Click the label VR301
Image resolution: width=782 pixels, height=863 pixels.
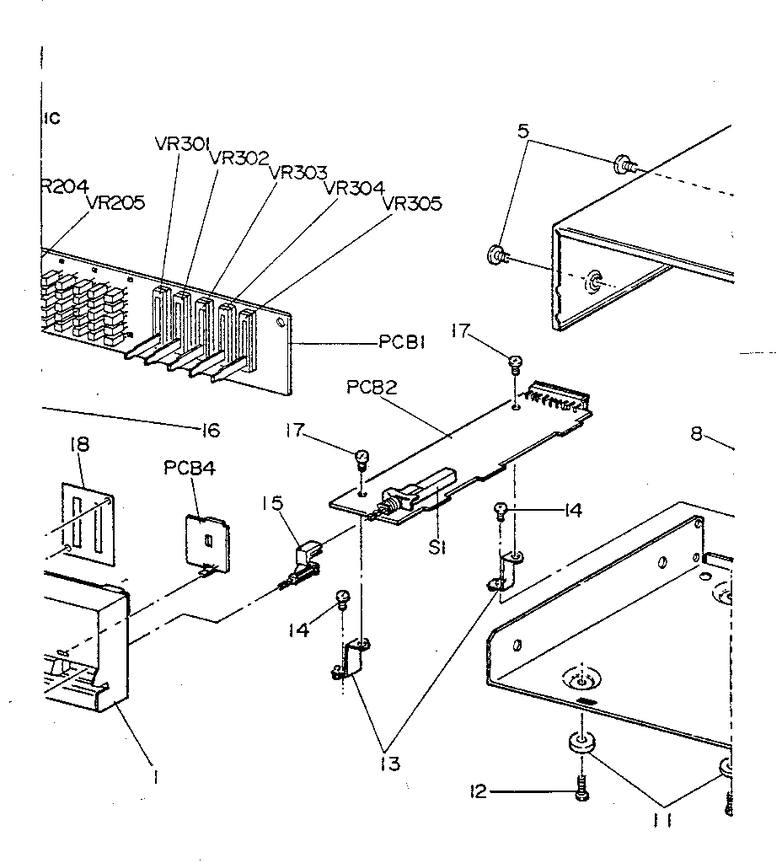click(182, 142)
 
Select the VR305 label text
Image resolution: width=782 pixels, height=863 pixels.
click(412, 203)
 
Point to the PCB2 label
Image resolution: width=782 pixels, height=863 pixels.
click(372, 389)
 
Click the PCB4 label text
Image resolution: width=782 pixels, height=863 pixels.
click(190, 468)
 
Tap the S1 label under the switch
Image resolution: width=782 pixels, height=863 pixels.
click(436, 547)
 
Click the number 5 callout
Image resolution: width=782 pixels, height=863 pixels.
click(522, 131)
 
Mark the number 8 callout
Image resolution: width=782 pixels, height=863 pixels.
click(697, 436)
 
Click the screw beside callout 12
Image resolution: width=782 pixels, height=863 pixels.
click(580, 790)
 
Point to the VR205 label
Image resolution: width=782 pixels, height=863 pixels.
click(115, 203)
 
